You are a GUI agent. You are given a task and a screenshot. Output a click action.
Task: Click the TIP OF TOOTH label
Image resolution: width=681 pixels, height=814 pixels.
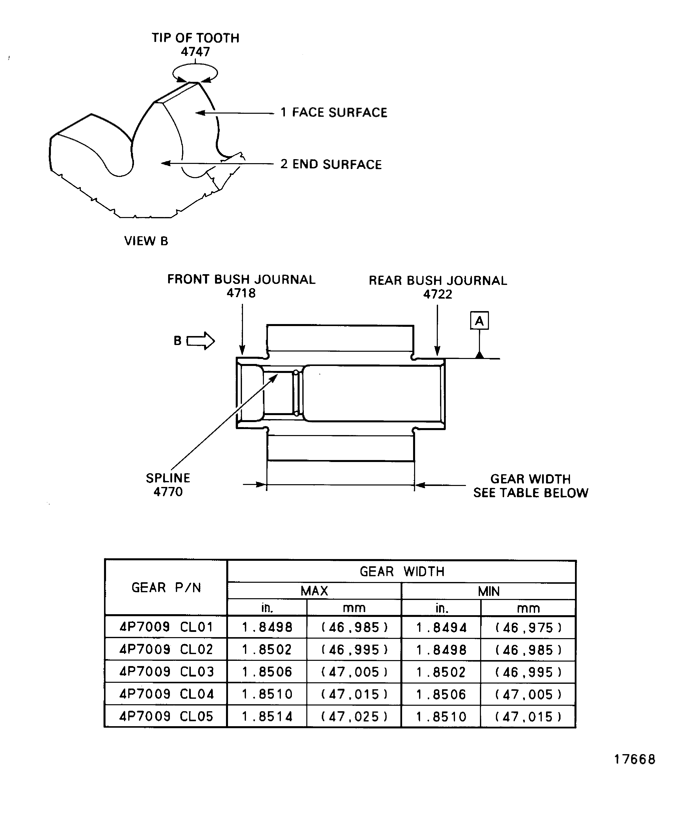[195, 38]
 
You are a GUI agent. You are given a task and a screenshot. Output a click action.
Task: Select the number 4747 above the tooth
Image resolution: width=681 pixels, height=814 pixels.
[195, 52]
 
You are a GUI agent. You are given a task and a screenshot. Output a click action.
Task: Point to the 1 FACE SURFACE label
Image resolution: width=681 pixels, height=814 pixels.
[334, 113]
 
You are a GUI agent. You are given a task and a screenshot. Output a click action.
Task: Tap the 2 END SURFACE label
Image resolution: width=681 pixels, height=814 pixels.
[331, 164]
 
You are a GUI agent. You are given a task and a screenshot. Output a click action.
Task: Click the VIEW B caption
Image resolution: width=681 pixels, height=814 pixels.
[146, 241]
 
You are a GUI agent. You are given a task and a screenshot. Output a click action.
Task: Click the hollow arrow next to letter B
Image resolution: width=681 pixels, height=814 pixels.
[201, 341]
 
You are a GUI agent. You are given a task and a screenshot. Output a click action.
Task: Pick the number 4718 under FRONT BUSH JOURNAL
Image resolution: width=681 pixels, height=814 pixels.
[241, 293]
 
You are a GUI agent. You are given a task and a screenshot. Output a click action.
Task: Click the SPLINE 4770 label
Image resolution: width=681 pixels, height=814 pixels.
[168, 484]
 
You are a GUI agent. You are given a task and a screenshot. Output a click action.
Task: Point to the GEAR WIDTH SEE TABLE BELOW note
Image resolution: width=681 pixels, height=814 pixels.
[531, 486]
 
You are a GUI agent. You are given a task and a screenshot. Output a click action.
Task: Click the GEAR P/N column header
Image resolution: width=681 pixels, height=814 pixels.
[166, 588]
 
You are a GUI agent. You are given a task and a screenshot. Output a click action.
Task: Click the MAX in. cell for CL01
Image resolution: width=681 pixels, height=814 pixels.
[267, 627]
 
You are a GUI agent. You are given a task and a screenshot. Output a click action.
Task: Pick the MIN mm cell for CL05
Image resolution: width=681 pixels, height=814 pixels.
[528, 717]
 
